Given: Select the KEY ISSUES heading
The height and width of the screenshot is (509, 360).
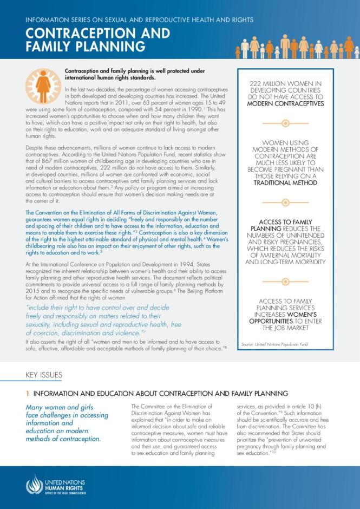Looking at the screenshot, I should click(x=44, y=375).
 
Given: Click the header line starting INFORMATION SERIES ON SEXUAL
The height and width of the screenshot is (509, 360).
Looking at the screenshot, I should click(x=139, y=19).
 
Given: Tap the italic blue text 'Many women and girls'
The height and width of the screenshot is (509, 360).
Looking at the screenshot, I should click(x=60, y=408).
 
